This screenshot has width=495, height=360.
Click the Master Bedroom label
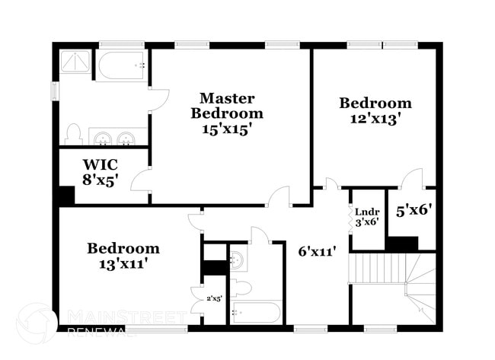[227, 106]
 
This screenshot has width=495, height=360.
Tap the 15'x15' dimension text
[227, 129]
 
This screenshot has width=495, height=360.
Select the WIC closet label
[101, 164]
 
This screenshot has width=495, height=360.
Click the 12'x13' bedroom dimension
[375, 119]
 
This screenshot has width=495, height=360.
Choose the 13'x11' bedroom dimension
[123, 263]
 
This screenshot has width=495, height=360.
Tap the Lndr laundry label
[367, 212]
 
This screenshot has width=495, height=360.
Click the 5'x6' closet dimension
[414, 210]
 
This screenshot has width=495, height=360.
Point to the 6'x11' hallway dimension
[317, 252]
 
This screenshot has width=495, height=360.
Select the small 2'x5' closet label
[214, 298]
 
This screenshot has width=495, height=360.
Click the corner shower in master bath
[75, 62]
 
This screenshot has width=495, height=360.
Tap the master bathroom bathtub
[122, 65]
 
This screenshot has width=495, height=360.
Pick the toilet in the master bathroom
[73, 134]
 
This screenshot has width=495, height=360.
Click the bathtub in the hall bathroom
[256, 312]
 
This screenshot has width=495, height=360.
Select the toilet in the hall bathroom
[241, 288]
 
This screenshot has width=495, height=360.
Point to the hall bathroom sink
[237, 260]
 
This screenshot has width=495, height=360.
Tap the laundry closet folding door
[350, 218]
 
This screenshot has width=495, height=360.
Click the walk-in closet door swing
[139, 180]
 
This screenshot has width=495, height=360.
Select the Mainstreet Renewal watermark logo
[37, 323]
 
